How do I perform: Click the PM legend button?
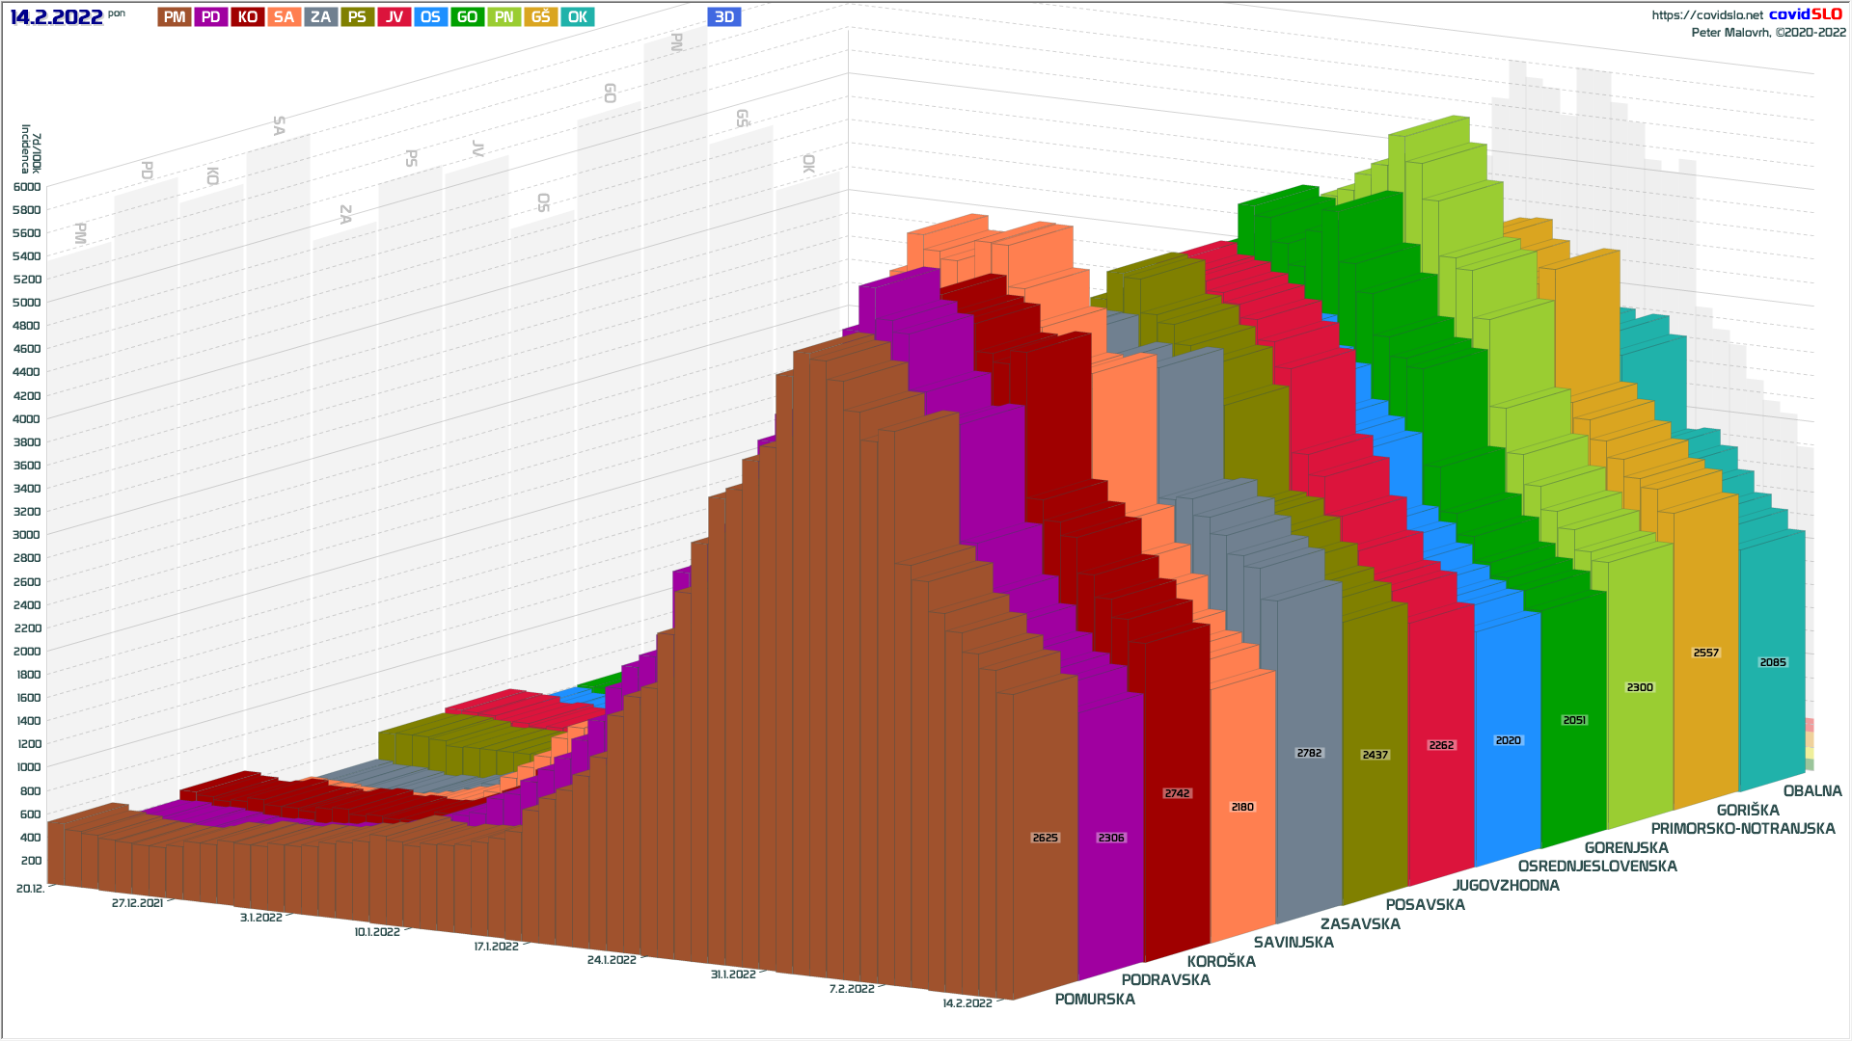point(175,17)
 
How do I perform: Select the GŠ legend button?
point(540,17)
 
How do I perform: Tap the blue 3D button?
point(724,17)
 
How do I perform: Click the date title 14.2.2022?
point(56,17)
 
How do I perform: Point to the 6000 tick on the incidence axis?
point(27,187)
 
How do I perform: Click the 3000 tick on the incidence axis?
point(27,535)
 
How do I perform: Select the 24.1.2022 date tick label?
point(612,960)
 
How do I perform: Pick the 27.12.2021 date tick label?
point(137,903)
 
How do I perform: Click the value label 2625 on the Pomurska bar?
point(1046,838)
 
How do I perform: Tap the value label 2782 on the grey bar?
point(1309,753)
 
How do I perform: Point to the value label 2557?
point(1706,653)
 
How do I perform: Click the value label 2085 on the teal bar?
point(1773,662)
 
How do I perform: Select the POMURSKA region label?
point(1095,1000)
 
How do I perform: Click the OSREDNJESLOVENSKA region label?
point(1597,867)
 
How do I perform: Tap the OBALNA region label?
point(1812,791)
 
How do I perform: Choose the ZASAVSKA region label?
point(1360,924)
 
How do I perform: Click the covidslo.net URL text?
point(1707,15)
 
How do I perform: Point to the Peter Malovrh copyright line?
point(1768,33)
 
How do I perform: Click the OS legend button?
point(430,17)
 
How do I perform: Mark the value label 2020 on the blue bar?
point(1508,740)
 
